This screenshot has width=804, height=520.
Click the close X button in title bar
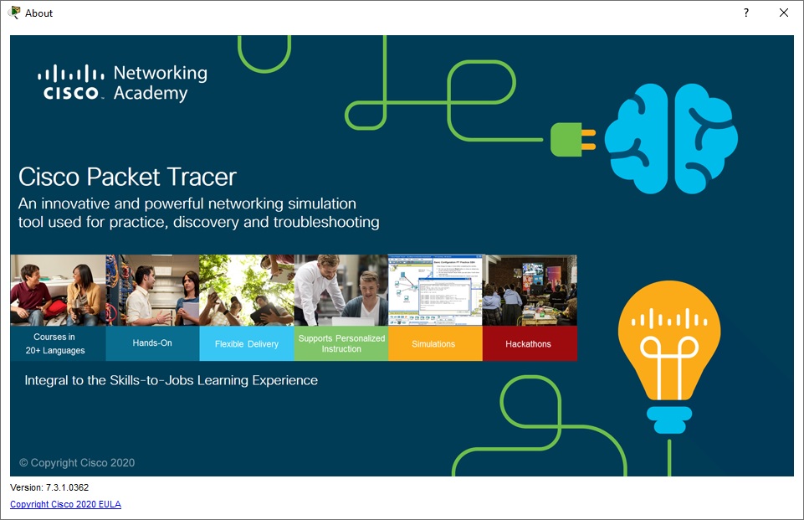click(784, 13)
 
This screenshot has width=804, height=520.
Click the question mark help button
click(746, 13)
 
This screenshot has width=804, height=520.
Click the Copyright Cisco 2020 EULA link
click(65, 504)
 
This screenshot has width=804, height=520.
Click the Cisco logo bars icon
click(70, 74)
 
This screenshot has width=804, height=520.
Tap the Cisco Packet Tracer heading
click(127, 177)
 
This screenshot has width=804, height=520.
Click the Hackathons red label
click(529, 344)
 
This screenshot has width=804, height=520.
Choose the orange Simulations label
click(434, 344)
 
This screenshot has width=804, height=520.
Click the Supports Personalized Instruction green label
click(341, 343)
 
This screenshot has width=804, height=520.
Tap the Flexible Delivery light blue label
click(246, 344)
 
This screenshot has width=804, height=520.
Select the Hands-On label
click(152, 343)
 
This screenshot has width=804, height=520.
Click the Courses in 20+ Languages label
click(58, 343)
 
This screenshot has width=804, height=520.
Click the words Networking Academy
click(159, 83)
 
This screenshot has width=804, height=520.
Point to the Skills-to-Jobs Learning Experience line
click(171, 380)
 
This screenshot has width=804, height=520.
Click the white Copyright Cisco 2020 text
click(77, 463)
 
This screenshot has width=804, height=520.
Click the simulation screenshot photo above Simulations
click(434, 291)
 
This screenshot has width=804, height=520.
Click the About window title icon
click(14, 13)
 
